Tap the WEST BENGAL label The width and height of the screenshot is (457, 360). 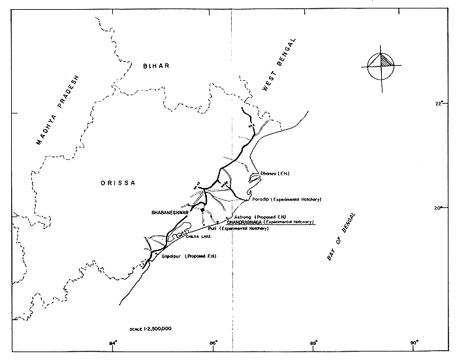279,65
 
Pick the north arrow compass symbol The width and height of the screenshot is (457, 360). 381,65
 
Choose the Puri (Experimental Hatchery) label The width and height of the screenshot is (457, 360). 244,229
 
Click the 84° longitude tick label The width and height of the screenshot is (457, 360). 113,342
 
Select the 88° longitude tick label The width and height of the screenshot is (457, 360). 314,342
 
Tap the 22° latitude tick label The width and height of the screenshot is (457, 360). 439,104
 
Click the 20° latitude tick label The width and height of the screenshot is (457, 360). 439,208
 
